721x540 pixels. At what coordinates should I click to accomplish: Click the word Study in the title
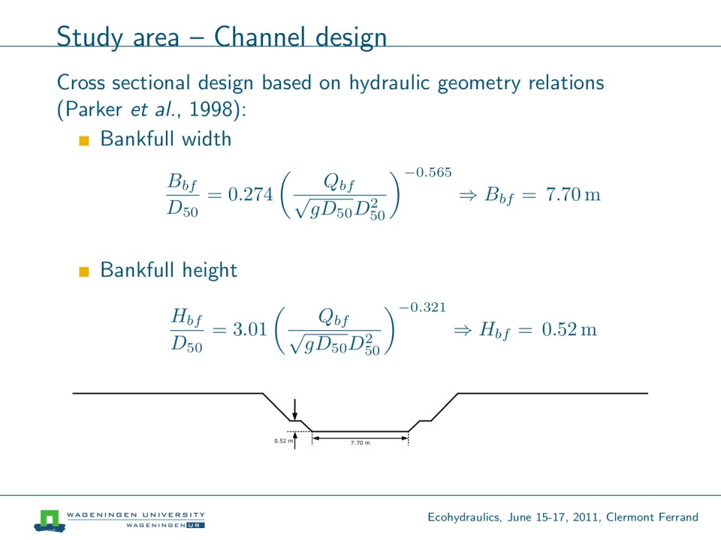pyautogui.click(x=85, y=37)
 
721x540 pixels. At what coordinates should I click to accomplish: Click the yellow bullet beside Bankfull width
pyautogui.click(x=84, y=140)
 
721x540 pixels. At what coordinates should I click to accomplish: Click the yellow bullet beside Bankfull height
pyautogui.click(x=84, y=271)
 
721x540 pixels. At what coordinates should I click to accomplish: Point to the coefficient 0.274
pyautogui.click(x=249, y=196)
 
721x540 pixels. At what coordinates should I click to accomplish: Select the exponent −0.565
pyautogui.click(x=427, y=172)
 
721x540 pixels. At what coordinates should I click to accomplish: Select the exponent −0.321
pyautogui.click(x=422, y=307)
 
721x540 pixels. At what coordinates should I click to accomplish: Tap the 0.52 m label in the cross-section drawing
pyautogui.click(x=283, y=441)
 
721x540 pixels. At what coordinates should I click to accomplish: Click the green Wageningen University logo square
pyautogui.click(x=50, y=519)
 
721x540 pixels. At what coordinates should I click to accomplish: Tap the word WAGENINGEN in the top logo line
pyautogui.click(x=97, y=514)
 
